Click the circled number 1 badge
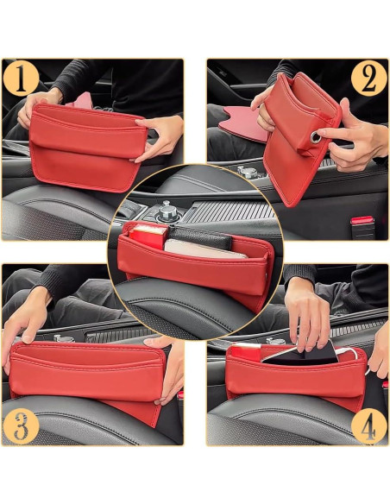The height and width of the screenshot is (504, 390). coord(22,79)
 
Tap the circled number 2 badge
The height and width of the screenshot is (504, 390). coord(368,79)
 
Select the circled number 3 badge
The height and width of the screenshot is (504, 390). coord(22,426)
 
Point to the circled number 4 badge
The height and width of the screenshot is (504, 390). coord(368,426)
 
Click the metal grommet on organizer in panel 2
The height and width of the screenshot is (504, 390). coord(316,137)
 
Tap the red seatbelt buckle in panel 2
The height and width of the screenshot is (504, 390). coord(362,222)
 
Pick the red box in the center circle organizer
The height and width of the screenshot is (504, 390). coord(148,236)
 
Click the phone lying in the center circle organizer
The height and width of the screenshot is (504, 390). coord(204,249)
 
